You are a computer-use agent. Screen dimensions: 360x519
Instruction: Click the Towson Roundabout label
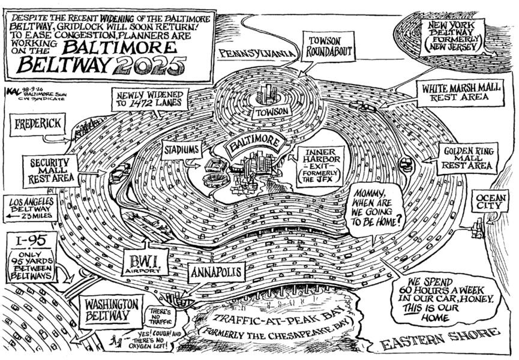[327, 47]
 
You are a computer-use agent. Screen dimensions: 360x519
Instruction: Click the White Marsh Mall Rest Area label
[459, 92]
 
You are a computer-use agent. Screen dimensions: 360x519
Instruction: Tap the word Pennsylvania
[258, 53]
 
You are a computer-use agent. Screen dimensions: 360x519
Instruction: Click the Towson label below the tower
[271, 112]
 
